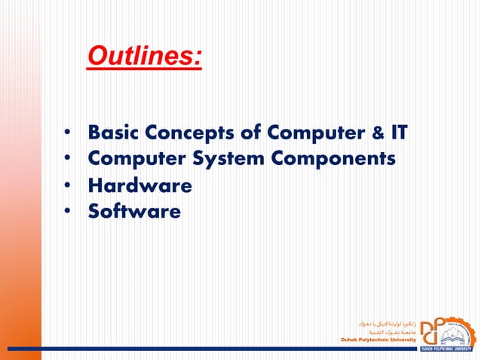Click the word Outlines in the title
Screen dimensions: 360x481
(x=143, y=56)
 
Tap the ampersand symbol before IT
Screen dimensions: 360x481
(x=376, y=134)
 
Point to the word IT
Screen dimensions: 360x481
(x=398, y=133)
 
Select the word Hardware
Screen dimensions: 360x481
(x=139, y=185)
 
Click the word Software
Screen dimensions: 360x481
(x=134, y=212)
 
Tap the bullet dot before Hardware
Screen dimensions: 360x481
(x=68, y=186)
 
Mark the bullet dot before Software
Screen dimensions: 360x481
(x=68, y=212)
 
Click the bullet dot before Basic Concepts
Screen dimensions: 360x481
(x=68, y=134)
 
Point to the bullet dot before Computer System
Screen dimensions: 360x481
(x=68, y=160)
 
